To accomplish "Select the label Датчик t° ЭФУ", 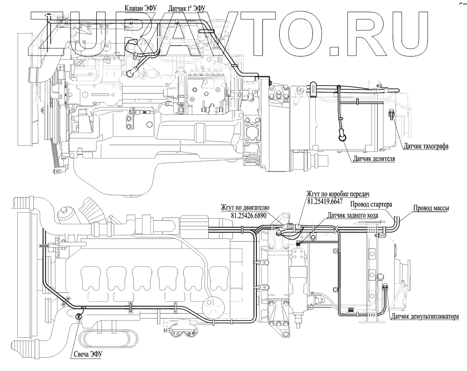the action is [187, 8].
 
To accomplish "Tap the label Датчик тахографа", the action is [426, 146].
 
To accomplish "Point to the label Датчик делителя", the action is [374, 158].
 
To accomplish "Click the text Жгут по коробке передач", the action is [338, 194].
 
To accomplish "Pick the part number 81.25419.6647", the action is [325, 202].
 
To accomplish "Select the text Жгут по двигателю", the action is [245, 208].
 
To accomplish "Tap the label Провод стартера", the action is [371, 205].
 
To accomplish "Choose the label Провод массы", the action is [431, 208].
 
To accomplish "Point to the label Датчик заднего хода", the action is [353, 215].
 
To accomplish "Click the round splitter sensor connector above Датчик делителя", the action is [342, 138].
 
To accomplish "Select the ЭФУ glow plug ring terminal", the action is [78, 317].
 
